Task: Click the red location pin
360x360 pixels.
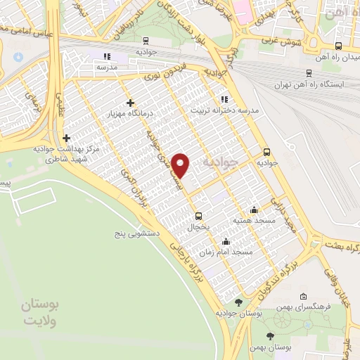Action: pyautogui.click(x=181, y=166)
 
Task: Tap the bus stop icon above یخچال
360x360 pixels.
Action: pyautogui.click(x=198, y=216)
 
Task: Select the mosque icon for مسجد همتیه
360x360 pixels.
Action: pyautogui.click(x=254, y=210)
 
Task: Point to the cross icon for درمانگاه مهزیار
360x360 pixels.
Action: pyautogui.click(x=130, y=103)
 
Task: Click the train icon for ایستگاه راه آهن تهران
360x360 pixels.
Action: pyautogui.click(x=309, y=72)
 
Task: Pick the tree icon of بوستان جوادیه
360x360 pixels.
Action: pyautogui.click(x=238, y=302)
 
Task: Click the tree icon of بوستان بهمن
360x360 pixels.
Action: pyautogui.click(x=271, y=335)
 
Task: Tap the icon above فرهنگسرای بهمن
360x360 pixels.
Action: pyautogui.click(x=303, y=296)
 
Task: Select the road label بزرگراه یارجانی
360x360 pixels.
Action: pyautogui.click(x=188, y=261)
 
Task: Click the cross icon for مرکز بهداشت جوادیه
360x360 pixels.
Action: pyautogui.click(x=67, y=139)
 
